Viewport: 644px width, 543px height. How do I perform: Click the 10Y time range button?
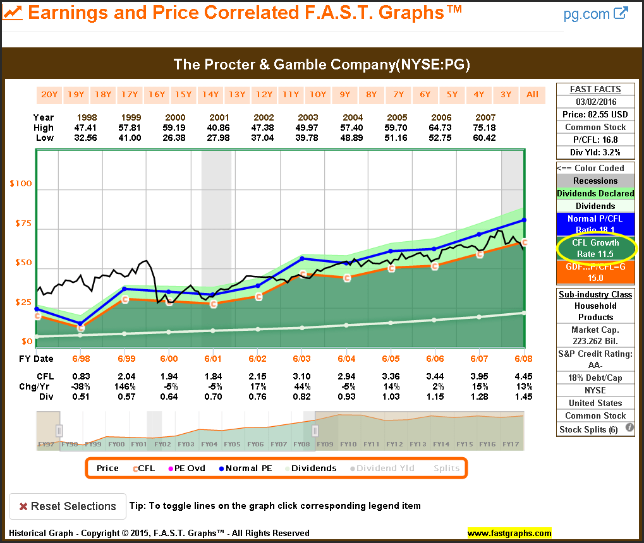[x=317, y=95]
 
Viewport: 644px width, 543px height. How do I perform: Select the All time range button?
[x=533, y=95]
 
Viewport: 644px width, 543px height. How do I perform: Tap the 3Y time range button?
[x=506, y=95]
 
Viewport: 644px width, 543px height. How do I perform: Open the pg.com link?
[x=595, y=14]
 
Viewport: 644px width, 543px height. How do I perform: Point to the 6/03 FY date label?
[x=301, y=359]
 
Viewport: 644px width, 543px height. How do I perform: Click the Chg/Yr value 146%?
[x=125, y=386]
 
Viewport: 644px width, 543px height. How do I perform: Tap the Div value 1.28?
[x=478, y=397]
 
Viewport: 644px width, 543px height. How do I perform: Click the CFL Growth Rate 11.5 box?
[x=595, y=248]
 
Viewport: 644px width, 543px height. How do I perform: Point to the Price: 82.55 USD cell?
[x=595, y=114]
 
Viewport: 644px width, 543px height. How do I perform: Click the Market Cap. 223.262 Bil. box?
[x=595, y=335]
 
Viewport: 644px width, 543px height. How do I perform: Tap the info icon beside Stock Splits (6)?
[x=629, y=428]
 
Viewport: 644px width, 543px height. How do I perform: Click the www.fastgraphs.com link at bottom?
[x=509, y=533]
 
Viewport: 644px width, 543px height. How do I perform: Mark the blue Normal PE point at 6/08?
[x=524, y=220]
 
